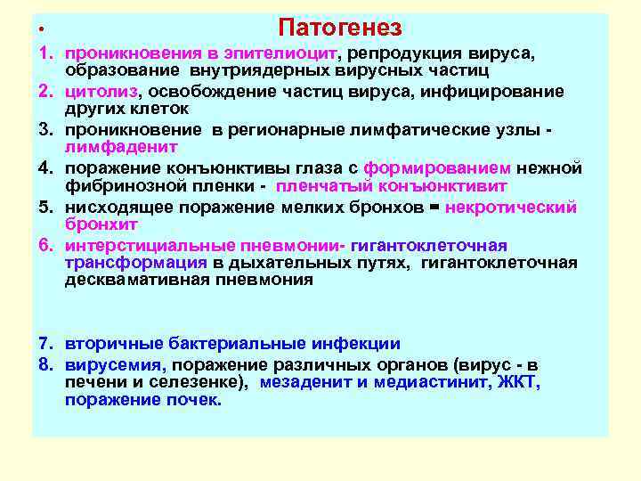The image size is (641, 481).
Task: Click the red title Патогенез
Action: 339,29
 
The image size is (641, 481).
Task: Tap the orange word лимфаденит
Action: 121,147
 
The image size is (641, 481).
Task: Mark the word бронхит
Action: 96,224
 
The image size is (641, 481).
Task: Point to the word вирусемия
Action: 115,364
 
